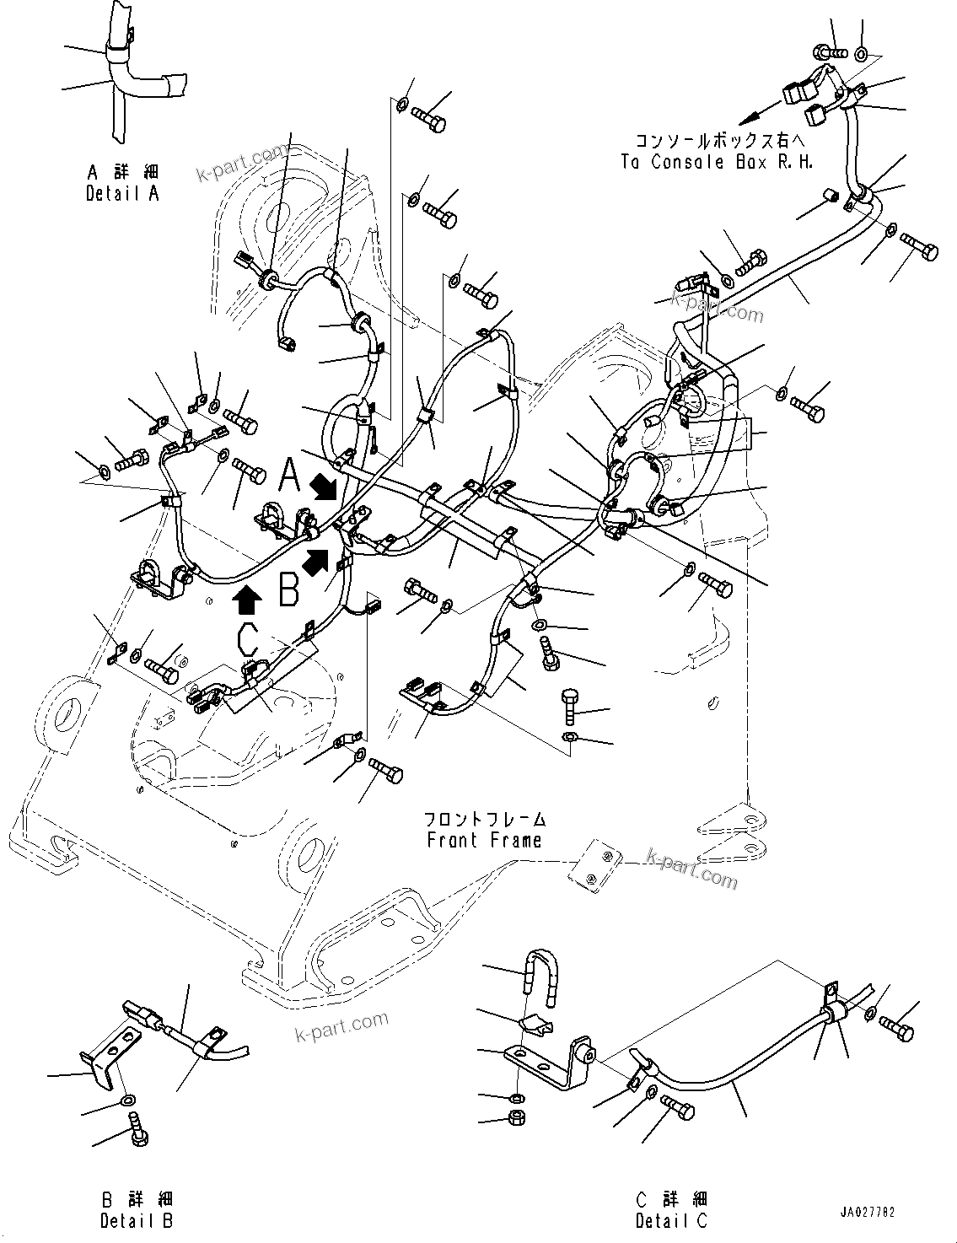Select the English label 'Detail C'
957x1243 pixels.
click(x=673, y=1219)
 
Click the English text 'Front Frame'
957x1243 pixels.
click(x=484, y=840)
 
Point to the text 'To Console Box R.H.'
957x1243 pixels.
click(x=717, y=162)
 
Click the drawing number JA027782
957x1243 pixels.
click(x=866, y=1212)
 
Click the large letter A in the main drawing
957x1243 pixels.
click(x=290, y=476)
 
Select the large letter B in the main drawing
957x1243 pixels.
click(x=289, y=590)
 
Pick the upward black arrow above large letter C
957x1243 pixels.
click(x=246, y=600)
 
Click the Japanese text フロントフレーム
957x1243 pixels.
click(x=484, y=819)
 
